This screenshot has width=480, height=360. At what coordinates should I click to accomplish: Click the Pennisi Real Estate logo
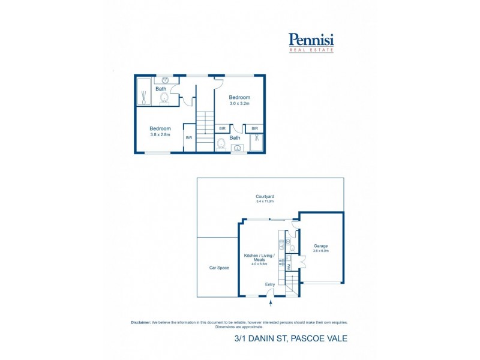pyautogui.click(x=311, y=43)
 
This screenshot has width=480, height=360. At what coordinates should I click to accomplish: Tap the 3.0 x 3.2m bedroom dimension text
pyautogui.click(x=239, y=104)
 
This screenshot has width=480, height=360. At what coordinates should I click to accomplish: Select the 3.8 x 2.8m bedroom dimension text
pyautogui.click(x=160, y=134)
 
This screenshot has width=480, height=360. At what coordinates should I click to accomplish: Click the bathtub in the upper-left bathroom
pyautogui.click(x=145, y=92)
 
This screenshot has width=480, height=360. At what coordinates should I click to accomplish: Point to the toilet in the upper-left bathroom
pyautogui.click(x=163, y=99)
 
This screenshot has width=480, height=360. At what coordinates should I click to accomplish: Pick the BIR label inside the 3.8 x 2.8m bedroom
pyautogui.click(x=188, y=138)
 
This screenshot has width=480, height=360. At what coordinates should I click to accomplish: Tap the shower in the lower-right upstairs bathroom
pyautogui.click(x=257, y=142)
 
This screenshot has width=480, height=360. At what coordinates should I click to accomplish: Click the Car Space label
pyautogui.click(x=219, y=268)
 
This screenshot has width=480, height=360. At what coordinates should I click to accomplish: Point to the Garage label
pyautogui.click(x=320, y=246)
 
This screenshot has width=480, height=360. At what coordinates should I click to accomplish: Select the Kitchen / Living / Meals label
pyautogui.click(x=259, y=259)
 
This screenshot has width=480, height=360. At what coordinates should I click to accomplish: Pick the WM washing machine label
pyautogui.click(x=289, y=266)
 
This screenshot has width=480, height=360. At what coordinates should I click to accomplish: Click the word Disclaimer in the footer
pyautogui.click(x=141, y=322)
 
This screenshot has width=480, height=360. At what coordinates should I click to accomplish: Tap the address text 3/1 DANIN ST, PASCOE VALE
pyautogui.click(x=290, y=339)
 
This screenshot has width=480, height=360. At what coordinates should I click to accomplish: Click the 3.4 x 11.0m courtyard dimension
pyautogui.click(x=265, y=202)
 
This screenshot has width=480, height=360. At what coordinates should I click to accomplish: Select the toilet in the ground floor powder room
pyautogui.click(x=292, y=247)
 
